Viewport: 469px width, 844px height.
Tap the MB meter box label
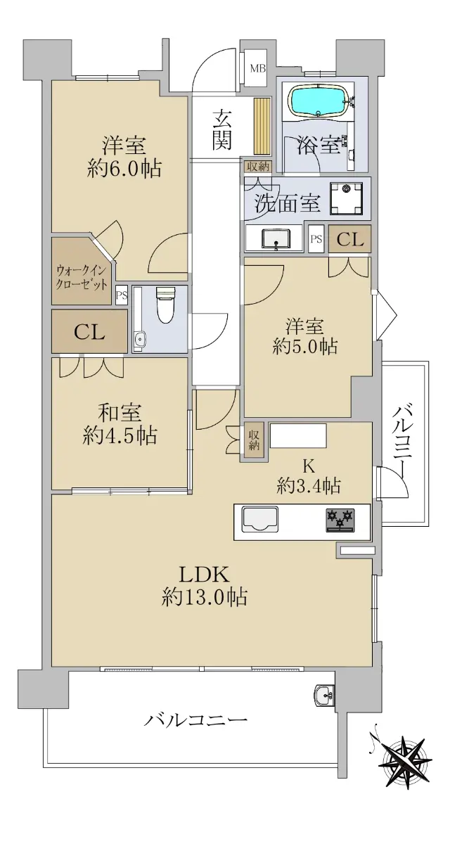pos(258,69)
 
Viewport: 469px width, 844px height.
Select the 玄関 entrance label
pos(222,129)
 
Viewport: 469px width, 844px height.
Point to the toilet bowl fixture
pos(165,305)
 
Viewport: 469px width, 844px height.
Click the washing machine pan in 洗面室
pos(346,198)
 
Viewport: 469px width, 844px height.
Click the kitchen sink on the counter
pos(259,519)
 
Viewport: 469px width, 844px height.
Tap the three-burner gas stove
pos(340,520)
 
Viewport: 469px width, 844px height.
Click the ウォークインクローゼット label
pos(82,277)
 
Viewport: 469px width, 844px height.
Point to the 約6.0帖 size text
pos(124,168)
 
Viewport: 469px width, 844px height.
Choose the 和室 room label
pos(120,413)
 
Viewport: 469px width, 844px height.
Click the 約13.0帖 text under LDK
pos(205,597)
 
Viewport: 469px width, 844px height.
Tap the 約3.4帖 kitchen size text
pos(309,486)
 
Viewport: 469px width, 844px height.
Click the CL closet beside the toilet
pos(89,332)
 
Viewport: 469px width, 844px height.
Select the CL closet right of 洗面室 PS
pos(350,239)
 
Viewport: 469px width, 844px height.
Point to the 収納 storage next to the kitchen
pos(254,440)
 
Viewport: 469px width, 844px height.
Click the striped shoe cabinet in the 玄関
pos(262,126)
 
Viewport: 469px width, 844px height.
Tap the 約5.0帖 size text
pos(304,346)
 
